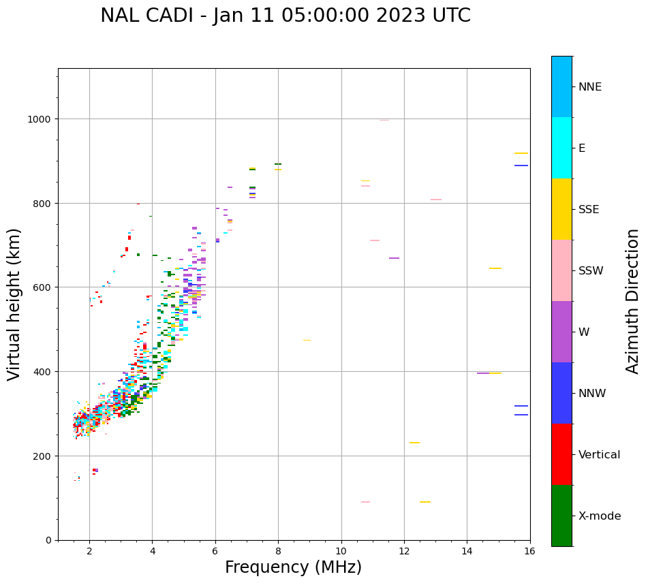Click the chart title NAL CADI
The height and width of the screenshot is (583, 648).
(286, 16)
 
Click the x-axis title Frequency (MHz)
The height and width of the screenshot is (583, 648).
(293, 567)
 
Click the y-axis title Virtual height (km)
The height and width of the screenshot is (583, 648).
(14, 304)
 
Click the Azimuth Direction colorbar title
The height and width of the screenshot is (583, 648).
(633, 301)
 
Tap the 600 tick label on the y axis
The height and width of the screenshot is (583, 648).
(44, 287)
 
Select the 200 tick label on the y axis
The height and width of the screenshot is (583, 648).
(44, 456)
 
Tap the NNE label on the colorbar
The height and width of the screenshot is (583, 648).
(590, 87)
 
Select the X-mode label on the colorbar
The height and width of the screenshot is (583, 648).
(600, 516)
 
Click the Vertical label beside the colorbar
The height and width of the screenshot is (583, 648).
(600, 455)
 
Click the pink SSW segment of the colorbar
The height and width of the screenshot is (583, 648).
(561, 270)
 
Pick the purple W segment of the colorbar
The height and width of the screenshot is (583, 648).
(561, 332)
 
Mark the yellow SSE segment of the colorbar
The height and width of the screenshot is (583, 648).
(561, 209)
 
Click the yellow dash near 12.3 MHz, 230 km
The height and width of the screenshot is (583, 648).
(414, 443)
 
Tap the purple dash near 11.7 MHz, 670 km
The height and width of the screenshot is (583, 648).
(394, 258)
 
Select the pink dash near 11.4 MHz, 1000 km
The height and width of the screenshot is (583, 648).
(384, 121)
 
